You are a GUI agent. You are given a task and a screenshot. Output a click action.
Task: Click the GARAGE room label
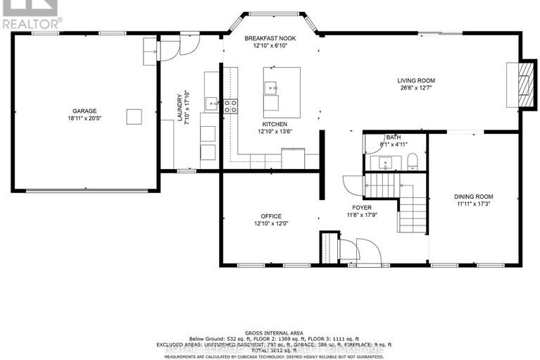[x=83, y=111]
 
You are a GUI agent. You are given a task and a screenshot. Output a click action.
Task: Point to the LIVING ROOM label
[x=416, y=80]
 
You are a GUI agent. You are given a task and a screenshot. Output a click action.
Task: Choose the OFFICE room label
[x=270, y=216]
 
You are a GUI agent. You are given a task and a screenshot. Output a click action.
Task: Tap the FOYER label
[x=358, y=207]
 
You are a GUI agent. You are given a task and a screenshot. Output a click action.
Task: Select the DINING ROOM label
[x=474, y=197]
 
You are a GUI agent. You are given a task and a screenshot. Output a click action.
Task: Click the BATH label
[x=393, y=137]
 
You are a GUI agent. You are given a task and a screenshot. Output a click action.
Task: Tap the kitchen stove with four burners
[x=230, y=106]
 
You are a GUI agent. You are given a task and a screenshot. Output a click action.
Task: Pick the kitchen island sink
[x=271, y=88]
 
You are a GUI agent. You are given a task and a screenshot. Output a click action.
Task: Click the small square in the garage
[x=134, y=116]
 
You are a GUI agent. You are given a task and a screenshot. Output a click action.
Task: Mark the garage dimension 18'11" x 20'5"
[x=83, y=118]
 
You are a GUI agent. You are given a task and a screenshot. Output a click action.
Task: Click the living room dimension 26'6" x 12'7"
[x=416, y=88]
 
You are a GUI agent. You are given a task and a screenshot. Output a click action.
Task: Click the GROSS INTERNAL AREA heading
[x=270, y=332]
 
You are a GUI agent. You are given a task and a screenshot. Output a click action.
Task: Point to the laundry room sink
[x=211, y=104]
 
